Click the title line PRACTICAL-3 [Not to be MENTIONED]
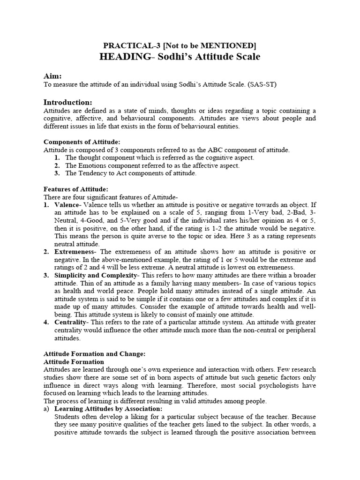coord(180,45)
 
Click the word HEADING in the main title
coord(122,57)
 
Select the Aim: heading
coord(52,76)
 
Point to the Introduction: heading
coord(68,102)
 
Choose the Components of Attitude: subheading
coord(82,142)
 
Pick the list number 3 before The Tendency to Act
coord(56,173)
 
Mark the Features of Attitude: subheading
coord(75,189)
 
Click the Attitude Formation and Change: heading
coord(95,354)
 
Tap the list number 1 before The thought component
coord(56,157)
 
